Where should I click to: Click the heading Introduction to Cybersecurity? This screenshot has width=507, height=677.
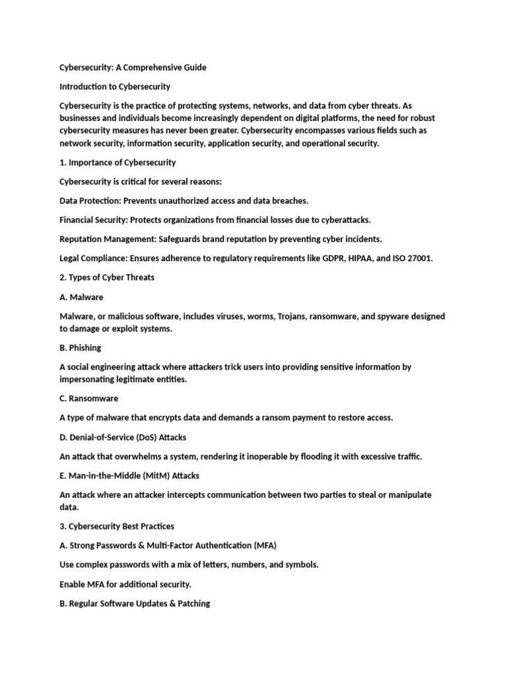115,87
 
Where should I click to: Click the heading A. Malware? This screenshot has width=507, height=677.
81,297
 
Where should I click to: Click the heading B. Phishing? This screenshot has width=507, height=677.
81,348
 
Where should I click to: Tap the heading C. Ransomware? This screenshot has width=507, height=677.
89,399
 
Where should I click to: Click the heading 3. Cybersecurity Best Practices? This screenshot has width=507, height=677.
117,526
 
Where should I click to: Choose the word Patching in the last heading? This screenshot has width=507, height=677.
193,603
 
